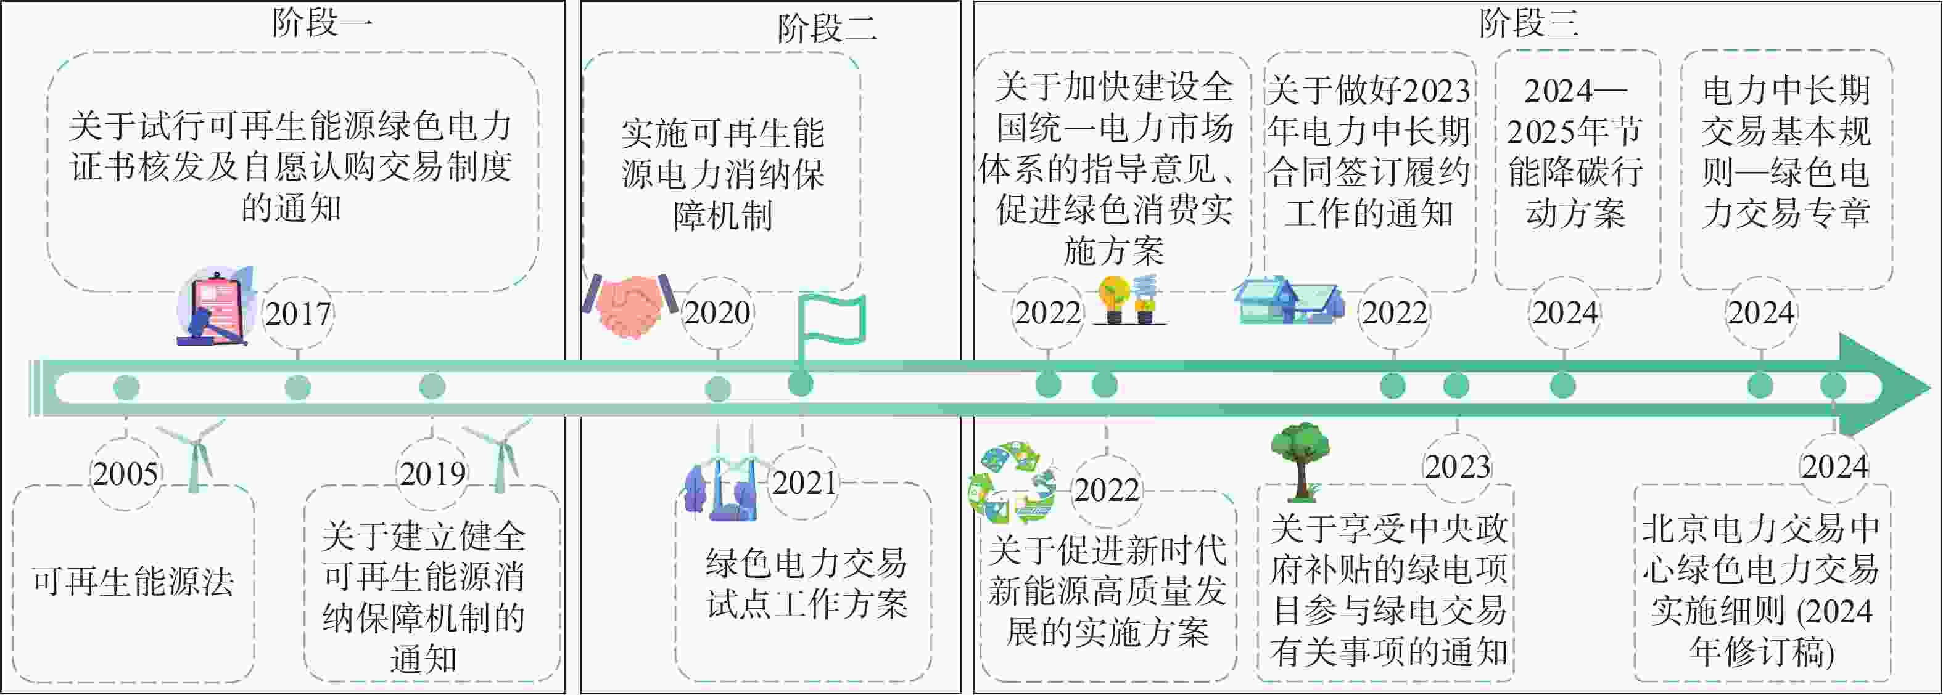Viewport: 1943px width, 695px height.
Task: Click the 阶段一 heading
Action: point(322,23)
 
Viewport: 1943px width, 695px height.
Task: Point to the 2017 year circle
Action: point(299,314)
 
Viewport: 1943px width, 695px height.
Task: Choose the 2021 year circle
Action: point(804,483)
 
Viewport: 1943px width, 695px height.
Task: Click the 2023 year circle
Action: point(1457,466)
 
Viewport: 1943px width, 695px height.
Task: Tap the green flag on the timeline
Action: point(830,331)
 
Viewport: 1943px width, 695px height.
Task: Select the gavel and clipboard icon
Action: point(216,306)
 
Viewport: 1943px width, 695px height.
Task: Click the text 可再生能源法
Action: point(133,582)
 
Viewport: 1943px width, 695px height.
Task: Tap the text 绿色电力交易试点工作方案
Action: point(806,583)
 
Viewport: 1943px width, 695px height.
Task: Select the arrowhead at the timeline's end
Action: point(1886,385)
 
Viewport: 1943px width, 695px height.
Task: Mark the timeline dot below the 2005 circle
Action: point(126,388)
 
